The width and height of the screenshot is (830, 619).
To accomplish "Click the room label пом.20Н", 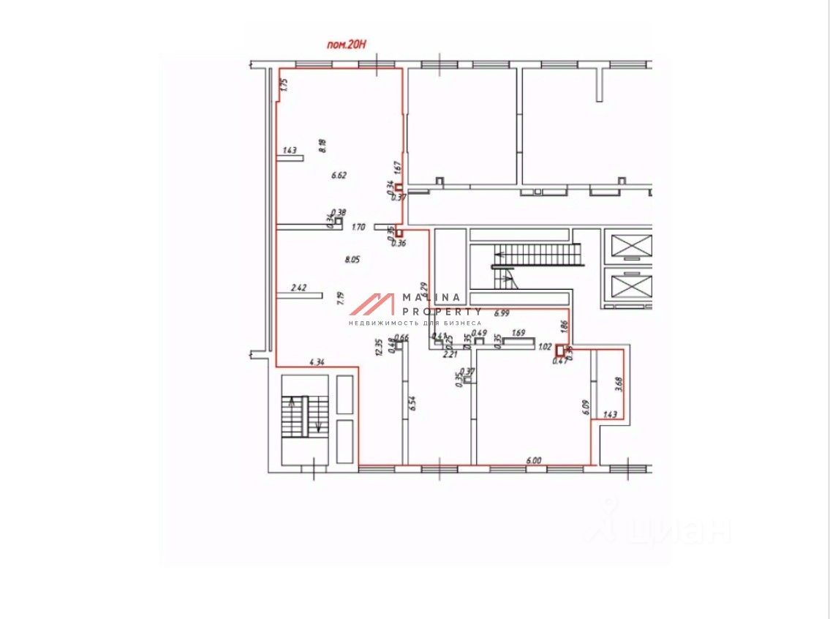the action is [345, 45].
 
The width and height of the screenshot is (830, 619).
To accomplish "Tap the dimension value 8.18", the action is [322, 145].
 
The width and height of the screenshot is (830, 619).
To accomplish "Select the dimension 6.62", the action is [338, 175].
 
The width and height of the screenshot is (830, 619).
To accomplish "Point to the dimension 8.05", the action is [352, 259].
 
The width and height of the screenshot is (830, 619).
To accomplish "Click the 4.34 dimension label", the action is [317, 361].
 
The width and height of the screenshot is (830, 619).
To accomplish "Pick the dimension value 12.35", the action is [379, 347].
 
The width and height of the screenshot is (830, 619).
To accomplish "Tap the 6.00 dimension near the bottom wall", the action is [533, 460].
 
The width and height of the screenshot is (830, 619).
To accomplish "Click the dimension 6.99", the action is [502, 313].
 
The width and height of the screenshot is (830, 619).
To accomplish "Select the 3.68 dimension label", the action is [618, 383].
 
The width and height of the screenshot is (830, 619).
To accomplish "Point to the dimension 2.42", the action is [298, 288].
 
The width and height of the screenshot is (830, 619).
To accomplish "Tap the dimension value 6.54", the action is [413, 404].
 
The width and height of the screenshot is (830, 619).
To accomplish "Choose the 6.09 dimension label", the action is [586, 407].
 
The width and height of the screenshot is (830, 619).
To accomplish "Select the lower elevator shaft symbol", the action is [630, 286].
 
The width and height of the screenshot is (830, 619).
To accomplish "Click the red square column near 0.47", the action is [562, 350].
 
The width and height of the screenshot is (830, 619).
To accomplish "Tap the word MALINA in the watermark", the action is [431, 297].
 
